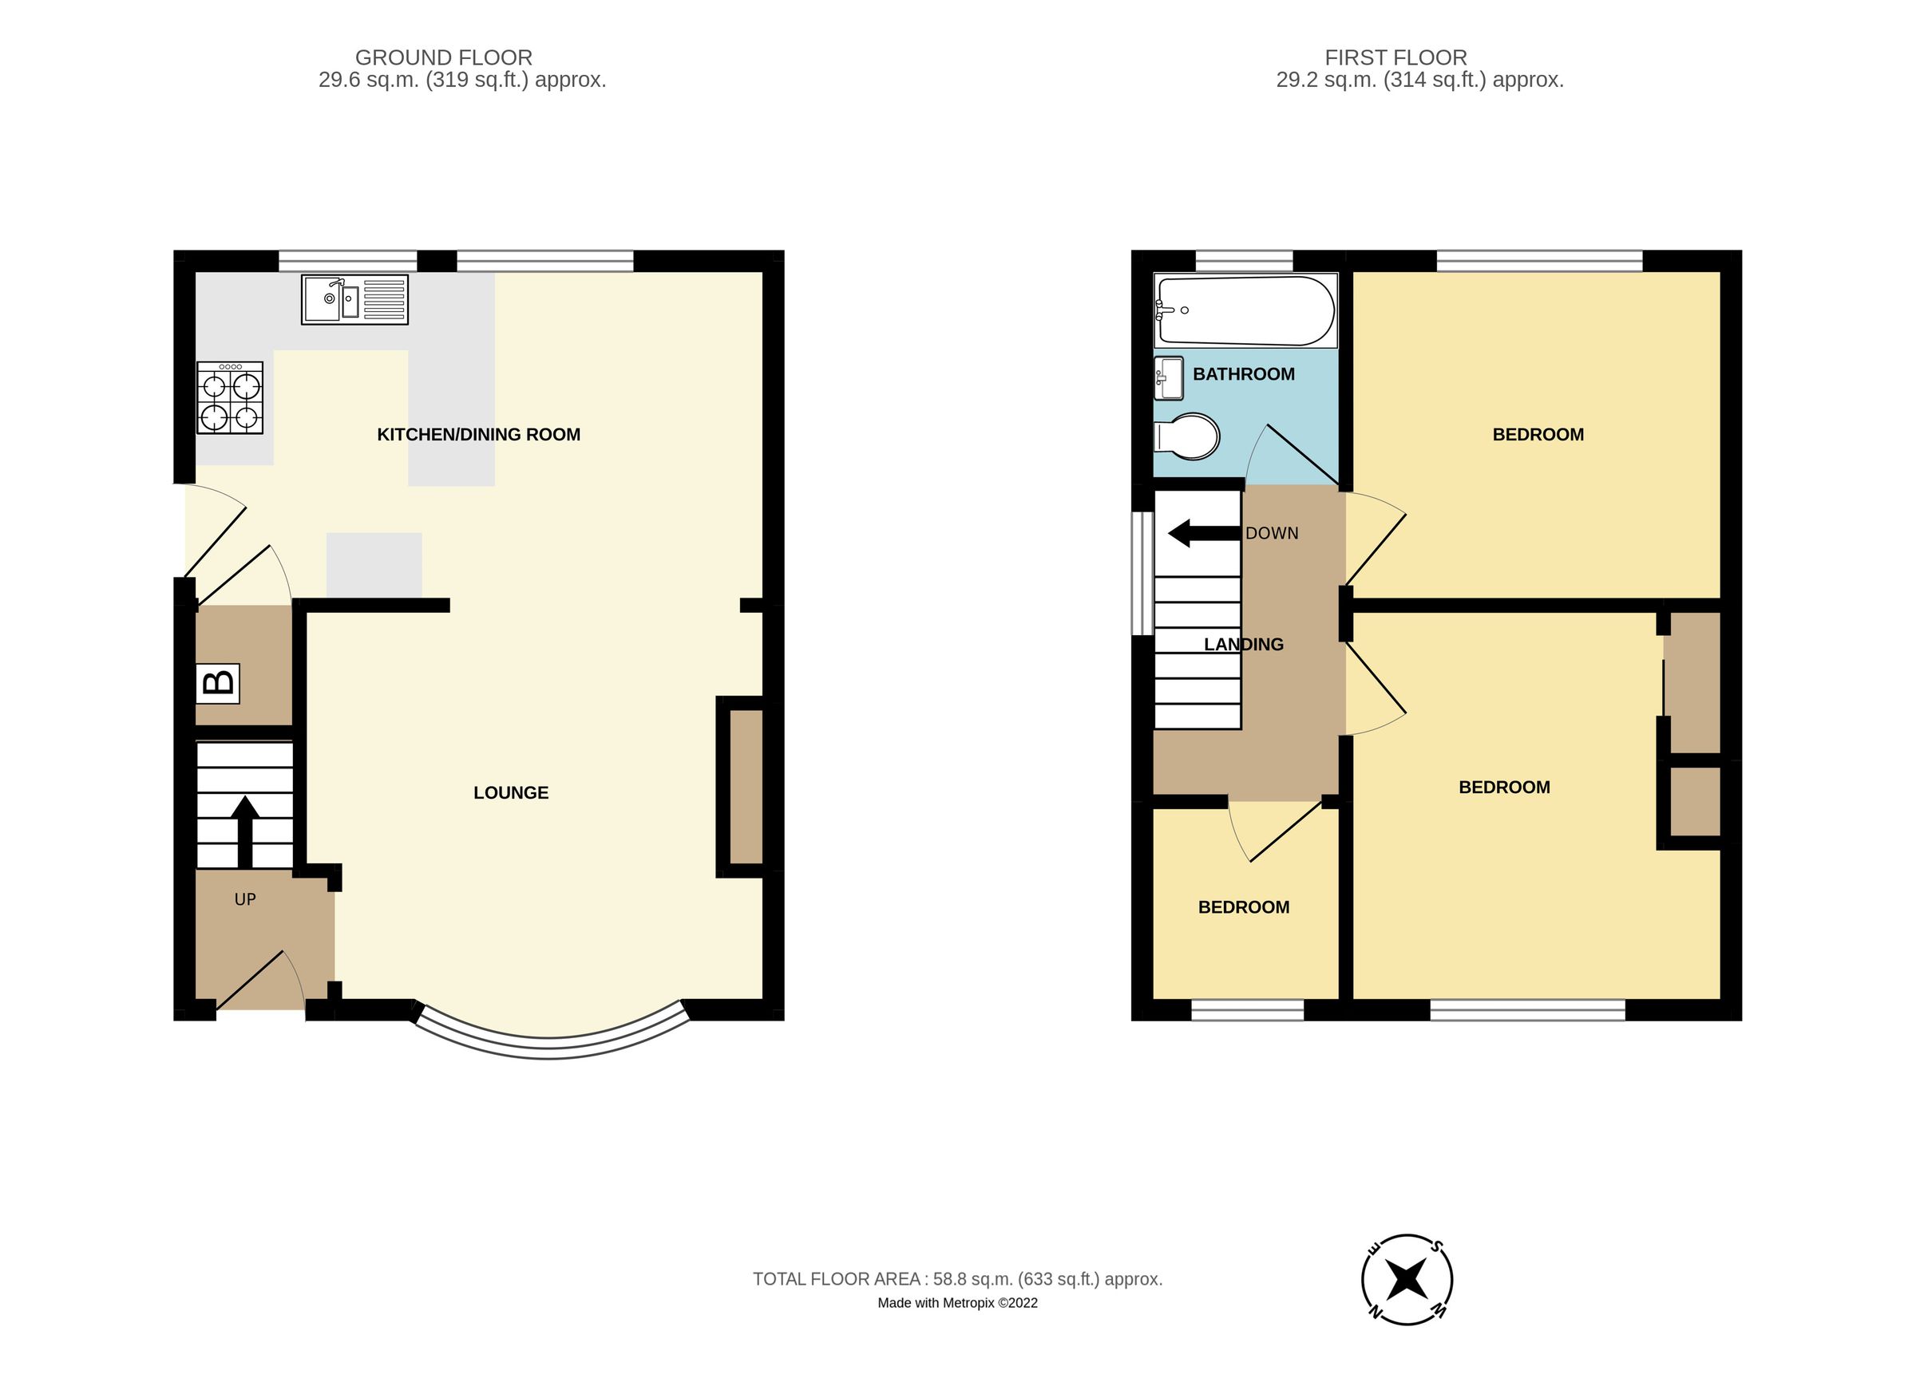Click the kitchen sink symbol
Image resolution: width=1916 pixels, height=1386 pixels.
[354, 299]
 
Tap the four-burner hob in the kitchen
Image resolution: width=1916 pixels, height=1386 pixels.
[230, 398]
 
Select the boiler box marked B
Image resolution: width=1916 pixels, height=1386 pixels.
[218, 683]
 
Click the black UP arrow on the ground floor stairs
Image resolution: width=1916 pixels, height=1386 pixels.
[245, 831]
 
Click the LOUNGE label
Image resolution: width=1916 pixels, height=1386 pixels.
[511, 792]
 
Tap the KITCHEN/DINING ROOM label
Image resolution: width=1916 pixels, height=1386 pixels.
[478, 434]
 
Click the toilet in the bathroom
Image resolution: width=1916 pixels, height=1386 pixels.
[1187, 436]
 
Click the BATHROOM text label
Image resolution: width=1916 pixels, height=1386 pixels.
[1244, 374]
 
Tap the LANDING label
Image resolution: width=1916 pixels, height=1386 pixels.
[1244, 645]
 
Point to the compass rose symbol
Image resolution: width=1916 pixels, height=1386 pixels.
[1407, 1279]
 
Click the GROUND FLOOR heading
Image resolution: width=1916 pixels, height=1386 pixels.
[444, 57]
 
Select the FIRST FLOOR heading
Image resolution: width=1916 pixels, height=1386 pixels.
[1395, 57]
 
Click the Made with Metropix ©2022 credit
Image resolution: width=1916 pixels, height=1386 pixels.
[957, 1303]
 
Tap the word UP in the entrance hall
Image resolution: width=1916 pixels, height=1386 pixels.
[245, 899]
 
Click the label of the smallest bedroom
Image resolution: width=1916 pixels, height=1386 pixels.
[1244, 907]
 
